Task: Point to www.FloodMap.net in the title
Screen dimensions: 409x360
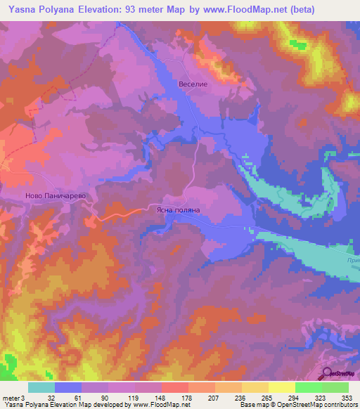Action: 236,9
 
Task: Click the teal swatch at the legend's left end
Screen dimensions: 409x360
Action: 41,387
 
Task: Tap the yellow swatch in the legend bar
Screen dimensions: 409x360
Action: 281,387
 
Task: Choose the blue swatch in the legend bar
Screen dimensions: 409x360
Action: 67,387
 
